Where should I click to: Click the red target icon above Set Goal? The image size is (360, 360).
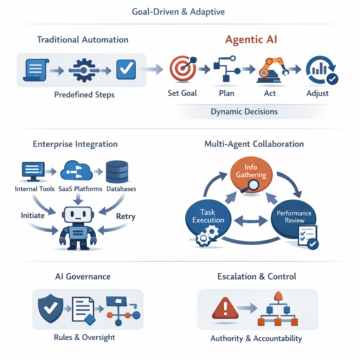[181, 69]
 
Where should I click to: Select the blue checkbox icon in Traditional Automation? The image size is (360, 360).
[126, 69]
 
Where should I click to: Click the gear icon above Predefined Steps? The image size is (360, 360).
[83, 70]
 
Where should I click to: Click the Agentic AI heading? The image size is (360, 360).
[251, 39]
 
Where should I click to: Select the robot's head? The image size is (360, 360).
[78, 215]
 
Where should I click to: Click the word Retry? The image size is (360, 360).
[126, 216]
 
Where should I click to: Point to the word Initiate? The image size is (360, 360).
[33, 215]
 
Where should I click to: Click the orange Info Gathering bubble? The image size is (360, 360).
[251, 171]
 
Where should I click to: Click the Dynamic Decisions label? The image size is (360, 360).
[244, 112]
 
